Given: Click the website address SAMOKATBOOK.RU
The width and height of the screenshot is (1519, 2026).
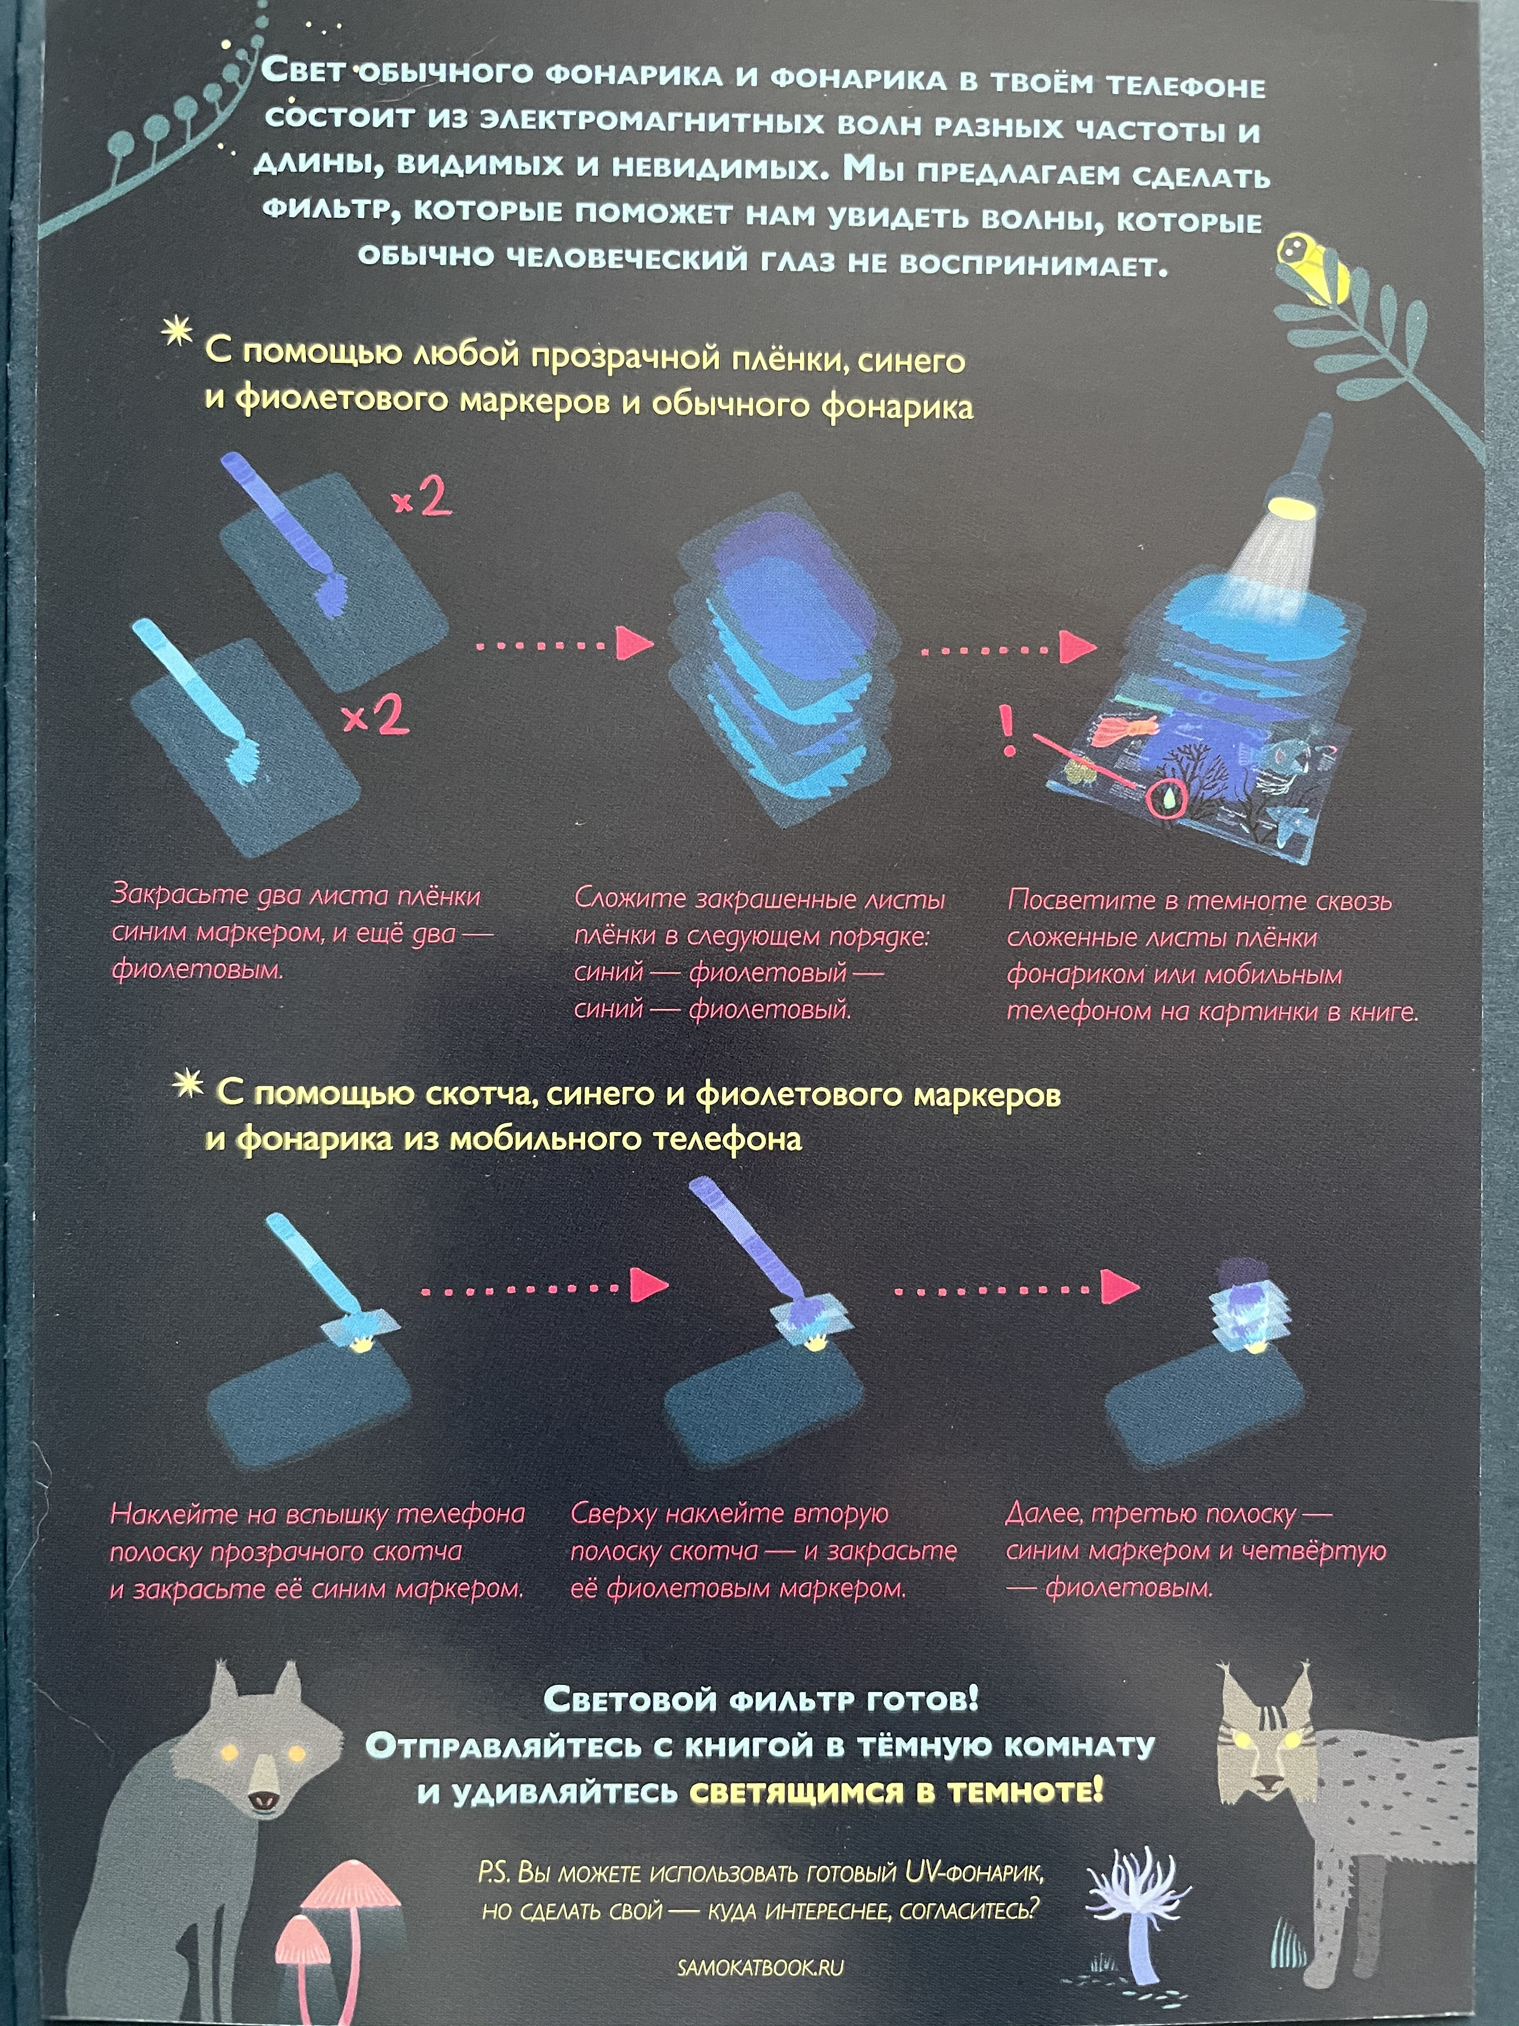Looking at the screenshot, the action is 760,1967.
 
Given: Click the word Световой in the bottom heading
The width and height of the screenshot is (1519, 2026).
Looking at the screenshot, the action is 630,1700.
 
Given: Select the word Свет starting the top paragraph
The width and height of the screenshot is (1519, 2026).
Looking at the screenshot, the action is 304,70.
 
